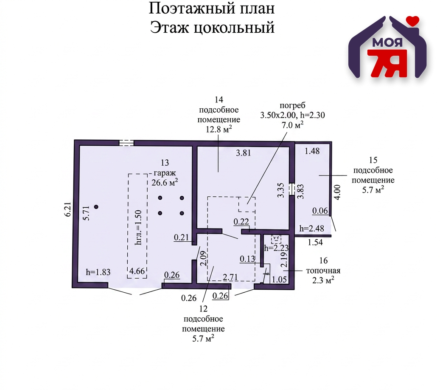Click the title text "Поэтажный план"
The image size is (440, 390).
pos(212,8)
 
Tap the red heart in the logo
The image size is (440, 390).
pos(412,20)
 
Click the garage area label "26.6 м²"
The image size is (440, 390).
pos(164,182)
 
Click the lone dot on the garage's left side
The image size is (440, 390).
pos(96,207)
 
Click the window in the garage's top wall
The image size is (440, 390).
pos(126,143)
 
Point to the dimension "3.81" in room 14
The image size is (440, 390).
pos(244,154)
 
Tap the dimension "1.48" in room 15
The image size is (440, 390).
pos(312,151)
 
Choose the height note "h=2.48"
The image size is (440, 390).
pos(311,229)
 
